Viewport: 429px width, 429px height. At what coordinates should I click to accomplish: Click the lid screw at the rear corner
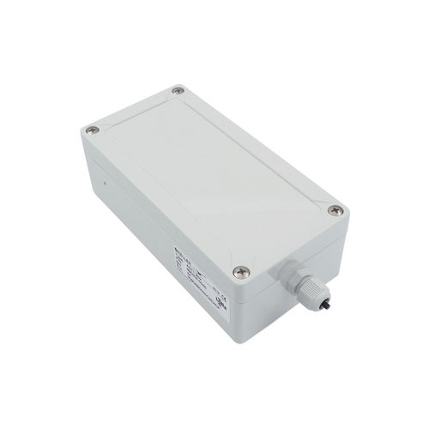point(178,89)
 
